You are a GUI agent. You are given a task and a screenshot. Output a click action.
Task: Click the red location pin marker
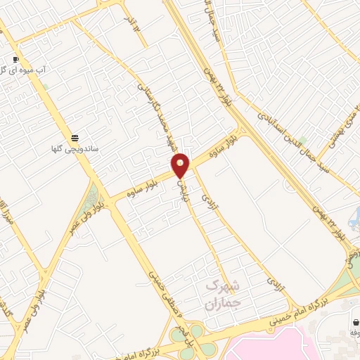pyautogui.click(x=181, y=165)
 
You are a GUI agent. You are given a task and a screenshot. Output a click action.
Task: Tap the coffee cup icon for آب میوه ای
pyautogui.click(x=16, y=59)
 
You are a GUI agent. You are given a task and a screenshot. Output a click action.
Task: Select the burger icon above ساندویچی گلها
pyautogui.click(x=75, y=136)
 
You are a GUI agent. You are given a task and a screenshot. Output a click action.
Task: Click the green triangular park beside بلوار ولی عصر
pyautogui.click(x=92, y=193)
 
